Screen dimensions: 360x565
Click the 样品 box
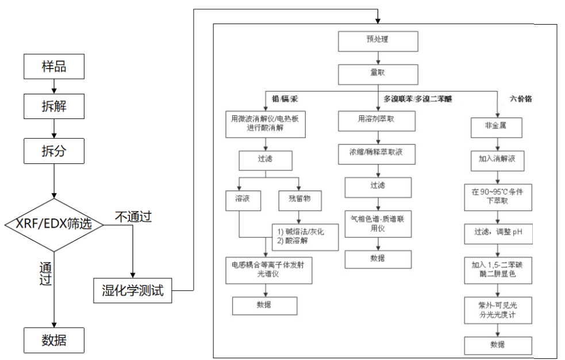[54, 66]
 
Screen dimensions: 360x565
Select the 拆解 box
[54, 106]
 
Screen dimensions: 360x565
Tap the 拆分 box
[54, 151]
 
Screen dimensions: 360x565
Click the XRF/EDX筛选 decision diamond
[54, 224]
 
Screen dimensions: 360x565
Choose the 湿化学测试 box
[132, 291]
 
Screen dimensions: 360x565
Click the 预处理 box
[377, 41]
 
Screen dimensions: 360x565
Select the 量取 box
[377, 74]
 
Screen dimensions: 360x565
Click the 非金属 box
[496, 127]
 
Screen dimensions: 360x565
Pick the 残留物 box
[299, 200]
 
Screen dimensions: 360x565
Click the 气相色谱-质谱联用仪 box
[378, 223]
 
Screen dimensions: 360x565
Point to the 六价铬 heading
[521, 99]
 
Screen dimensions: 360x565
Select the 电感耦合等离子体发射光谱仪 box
[268, 270]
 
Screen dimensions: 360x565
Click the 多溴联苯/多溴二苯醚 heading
[418, 99]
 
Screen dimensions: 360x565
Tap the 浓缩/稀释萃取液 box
[377, 154]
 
